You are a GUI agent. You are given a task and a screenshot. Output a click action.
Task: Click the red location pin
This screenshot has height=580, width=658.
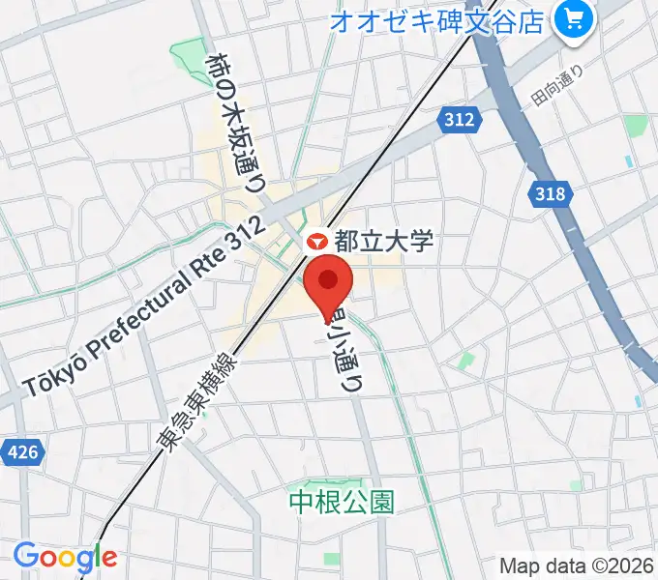pos(328,281)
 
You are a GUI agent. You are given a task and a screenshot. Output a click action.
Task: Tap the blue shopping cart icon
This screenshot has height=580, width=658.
pos(573,19)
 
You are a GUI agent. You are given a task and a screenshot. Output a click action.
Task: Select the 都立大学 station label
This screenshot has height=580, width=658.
pos(383,242)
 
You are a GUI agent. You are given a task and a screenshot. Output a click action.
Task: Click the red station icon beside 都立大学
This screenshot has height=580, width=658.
pos(316,242)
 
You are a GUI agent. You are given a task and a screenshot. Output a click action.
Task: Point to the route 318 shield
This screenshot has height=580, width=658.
pos(548,194)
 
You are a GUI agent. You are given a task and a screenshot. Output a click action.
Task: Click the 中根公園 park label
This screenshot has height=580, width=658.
pos(344,501)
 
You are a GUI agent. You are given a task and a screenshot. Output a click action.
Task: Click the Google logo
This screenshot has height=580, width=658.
pos(65,557)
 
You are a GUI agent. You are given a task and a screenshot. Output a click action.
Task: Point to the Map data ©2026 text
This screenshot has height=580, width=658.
pos(576,565)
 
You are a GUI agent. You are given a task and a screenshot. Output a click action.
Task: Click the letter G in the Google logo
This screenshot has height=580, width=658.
pos(27,556)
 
